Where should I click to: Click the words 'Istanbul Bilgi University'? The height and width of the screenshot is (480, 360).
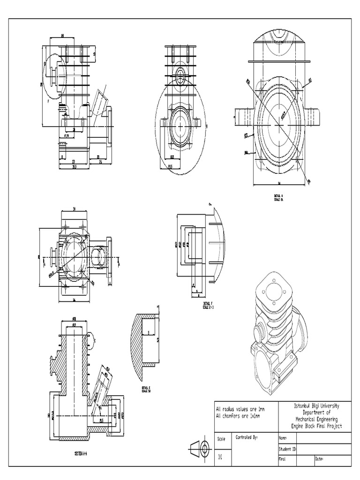coord(316,405)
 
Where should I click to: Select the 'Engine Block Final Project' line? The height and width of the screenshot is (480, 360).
coord(316,426)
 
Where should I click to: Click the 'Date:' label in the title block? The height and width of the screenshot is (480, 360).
coord(320,459)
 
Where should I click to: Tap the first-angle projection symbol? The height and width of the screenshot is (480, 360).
coord(199,449)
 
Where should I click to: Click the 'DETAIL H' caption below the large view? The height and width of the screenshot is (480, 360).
coord(279,196)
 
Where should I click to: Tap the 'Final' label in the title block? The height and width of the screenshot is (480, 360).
coord(283,459)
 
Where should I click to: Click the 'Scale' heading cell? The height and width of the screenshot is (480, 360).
coord(221,439)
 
